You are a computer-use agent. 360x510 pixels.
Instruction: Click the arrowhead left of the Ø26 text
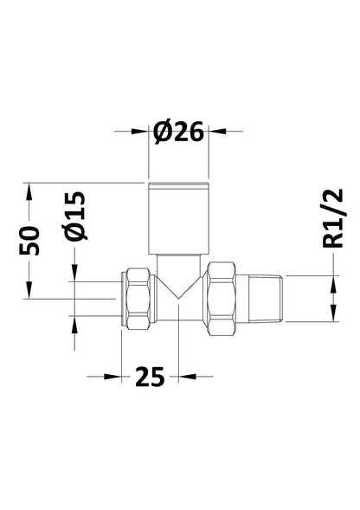tap(141, 132)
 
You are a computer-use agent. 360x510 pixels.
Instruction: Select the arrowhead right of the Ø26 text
tap(215, 132)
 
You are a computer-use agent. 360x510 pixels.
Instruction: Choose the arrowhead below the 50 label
tap(30, 288)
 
